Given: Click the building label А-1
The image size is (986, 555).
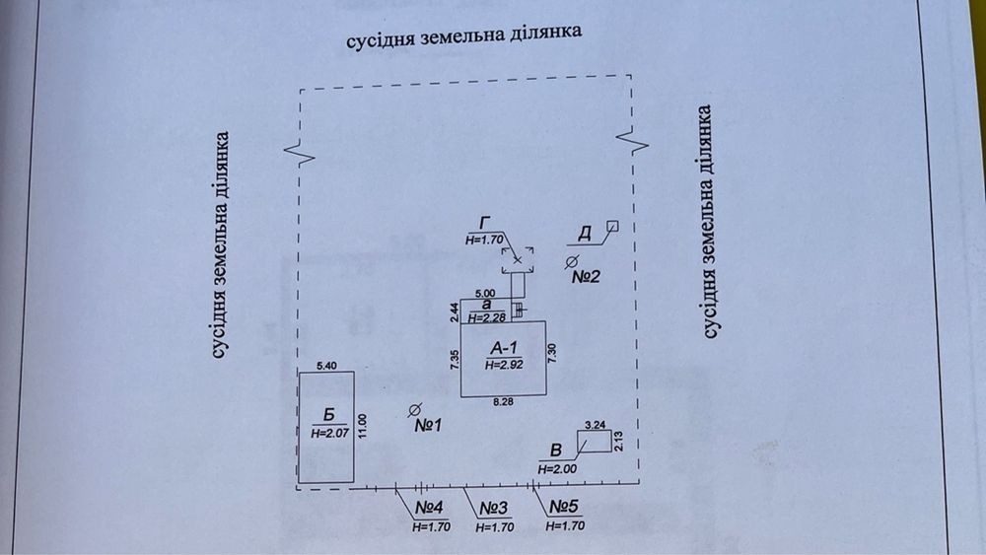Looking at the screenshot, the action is (503, 348).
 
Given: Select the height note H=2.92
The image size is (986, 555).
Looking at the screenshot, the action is (504, 365).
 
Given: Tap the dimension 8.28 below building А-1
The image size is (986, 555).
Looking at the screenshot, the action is (503, 401).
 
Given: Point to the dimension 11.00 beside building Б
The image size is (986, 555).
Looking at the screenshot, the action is (361, 426).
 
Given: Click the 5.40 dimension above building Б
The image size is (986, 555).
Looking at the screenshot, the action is (326, 366).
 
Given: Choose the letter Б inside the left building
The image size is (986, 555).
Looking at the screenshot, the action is (328, 415).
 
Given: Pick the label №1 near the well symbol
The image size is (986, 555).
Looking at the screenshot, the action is (428, 426).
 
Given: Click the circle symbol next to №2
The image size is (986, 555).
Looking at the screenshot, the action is (571, 262).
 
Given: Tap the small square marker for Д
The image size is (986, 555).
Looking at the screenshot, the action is (612, 227).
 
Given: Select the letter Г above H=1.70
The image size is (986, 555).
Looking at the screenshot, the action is (485, 223).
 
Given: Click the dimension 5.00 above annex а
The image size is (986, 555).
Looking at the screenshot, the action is (485, 294).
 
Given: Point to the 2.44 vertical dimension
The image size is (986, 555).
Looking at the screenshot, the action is (455, 312).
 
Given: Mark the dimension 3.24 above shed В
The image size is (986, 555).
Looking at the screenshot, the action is (595, 425).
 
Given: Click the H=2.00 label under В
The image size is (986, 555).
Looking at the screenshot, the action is (557, 469).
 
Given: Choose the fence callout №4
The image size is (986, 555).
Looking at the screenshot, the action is (429, 508).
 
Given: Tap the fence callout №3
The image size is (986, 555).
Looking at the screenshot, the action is (494, 508).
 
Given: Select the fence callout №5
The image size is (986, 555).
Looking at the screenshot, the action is (564, 506).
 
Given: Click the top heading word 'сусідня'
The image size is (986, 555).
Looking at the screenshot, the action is (381, 39).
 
